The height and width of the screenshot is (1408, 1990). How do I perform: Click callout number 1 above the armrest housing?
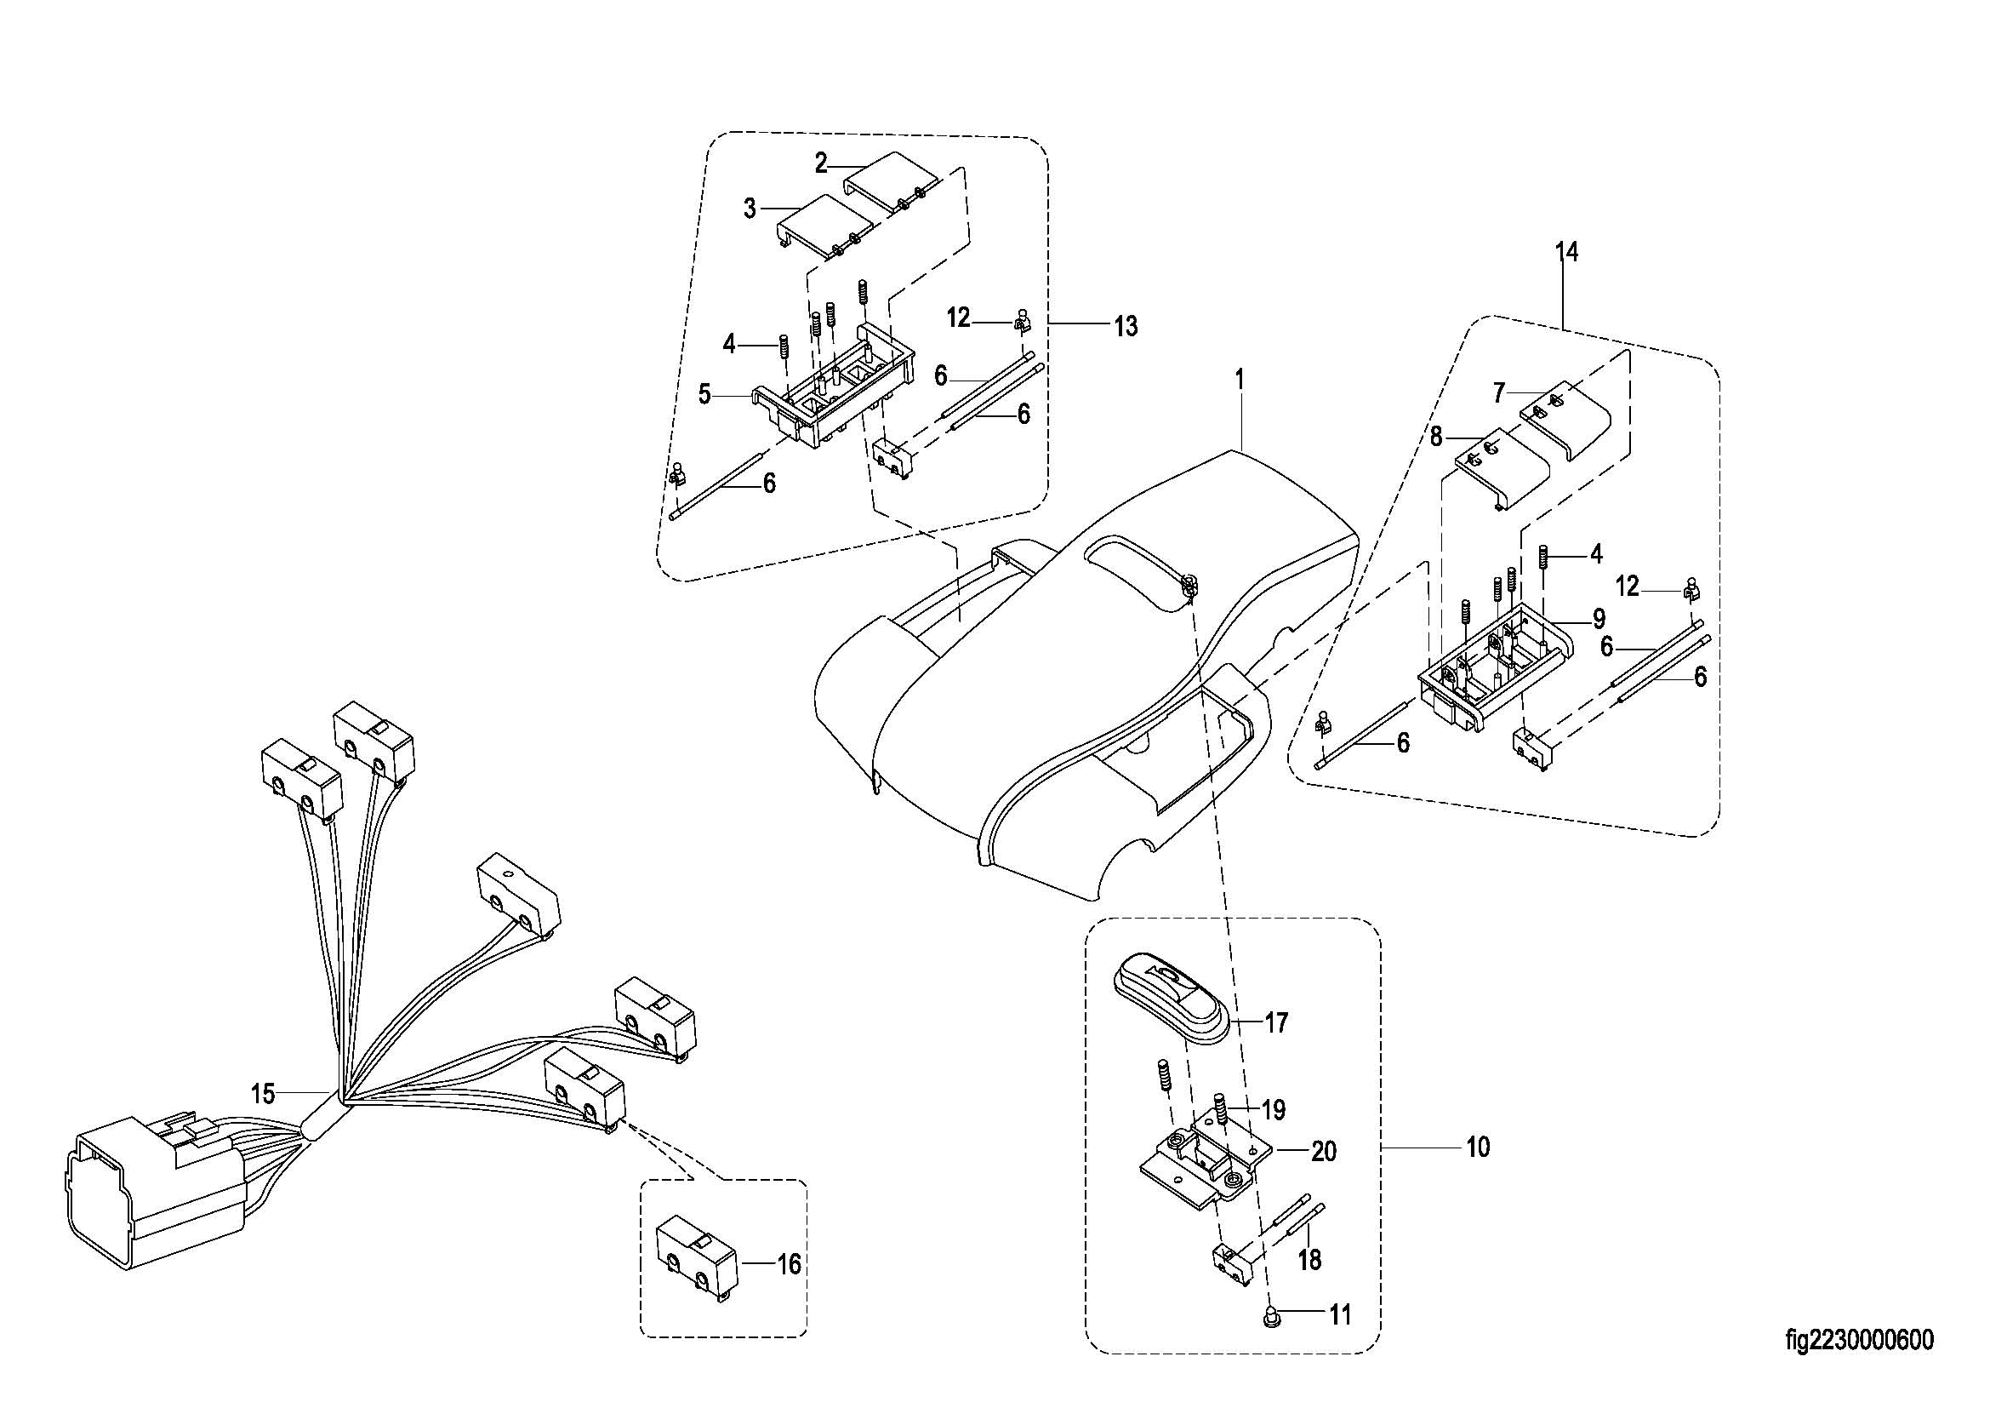point(1240,379)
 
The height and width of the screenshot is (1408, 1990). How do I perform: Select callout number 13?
point(1125,326)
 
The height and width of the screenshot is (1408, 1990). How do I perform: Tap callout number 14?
point(1566,252)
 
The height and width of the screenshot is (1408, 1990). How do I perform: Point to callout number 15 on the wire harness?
point(263,1093)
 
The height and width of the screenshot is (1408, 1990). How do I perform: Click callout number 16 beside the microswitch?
point(789,1264)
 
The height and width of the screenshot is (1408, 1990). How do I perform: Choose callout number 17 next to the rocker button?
point(1276,1023)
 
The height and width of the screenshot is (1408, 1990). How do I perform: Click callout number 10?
point(1478,1147)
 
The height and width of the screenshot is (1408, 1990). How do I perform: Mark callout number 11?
point(1340,1315)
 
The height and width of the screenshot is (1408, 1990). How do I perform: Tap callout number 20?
point(1324,1152)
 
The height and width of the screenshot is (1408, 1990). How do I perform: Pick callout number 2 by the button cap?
point(821,162)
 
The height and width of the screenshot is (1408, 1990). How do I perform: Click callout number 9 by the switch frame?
point(1599,619)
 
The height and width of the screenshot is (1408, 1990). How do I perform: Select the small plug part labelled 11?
point(1270,1315)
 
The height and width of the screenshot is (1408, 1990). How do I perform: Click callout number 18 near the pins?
point(1309,1260)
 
